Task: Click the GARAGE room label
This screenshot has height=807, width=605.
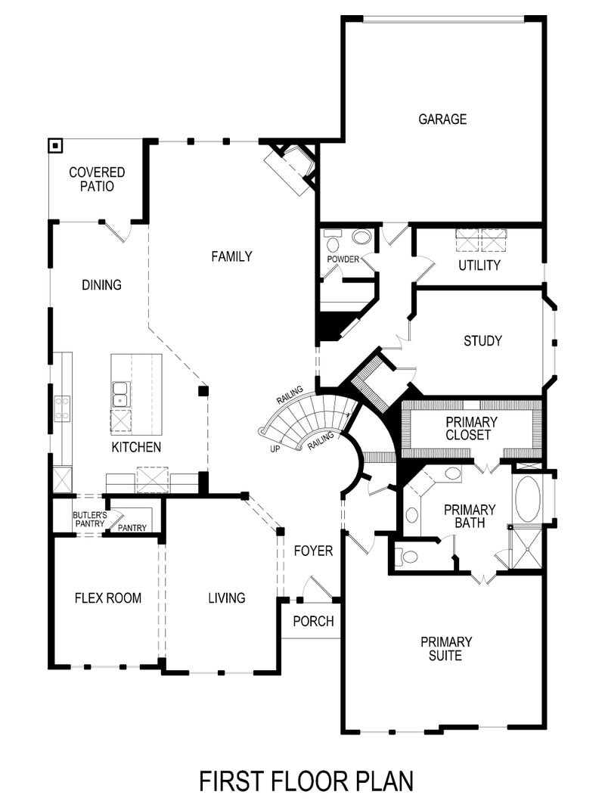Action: point(442,119)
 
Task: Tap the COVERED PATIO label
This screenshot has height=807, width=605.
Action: point(97,179)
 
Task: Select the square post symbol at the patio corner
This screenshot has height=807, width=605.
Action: point(55,146)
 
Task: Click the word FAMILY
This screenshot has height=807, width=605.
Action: point(231,257)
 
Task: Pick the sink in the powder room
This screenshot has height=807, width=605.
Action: point(362,237)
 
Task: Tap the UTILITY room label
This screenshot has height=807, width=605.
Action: point(479,265)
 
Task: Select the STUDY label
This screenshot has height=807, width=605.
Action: point(482,341)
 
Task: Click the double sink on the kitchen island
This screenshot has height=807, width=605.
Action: point(119,394)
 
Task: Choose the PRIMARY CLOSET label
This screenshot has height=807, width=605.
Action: point(471,428)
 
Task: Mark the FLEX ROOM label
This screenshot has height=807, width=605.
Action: point(108,598)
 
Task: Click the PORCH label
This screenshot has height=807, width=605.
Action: point(313,621)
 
